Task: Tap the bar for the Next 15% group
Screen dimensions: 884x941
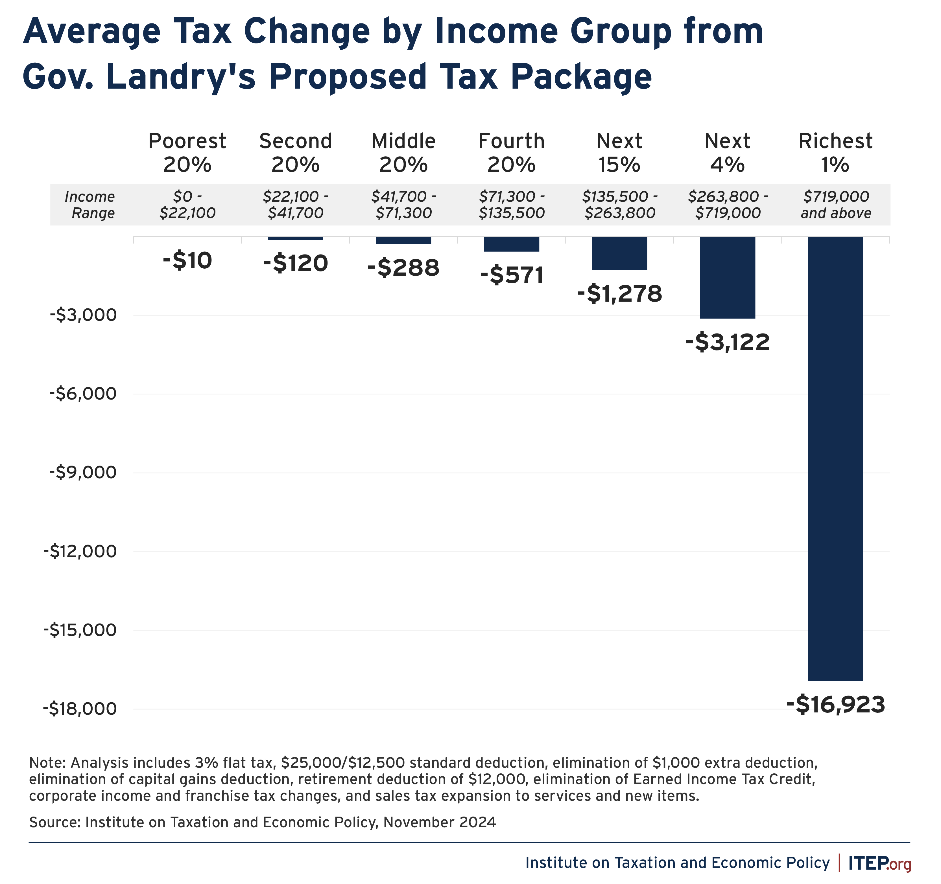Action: click(x=619, y=253)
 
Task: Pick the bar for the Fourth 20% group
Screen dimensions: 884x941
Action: click(x=511, y=244)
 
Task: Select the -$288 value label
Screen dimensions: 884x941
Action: click(x=403, y=268)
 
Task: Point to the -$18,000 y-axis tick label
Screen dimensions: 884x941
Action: click(x=80, y=708)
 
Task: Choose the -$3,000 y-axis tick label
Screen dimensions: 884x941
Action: click(x=83, y=315)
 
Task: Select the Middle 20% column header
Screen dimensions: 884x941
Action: click(x=403, y=152)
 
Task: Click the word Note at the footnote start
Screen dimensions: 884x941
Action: click(x=46, y=763)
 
